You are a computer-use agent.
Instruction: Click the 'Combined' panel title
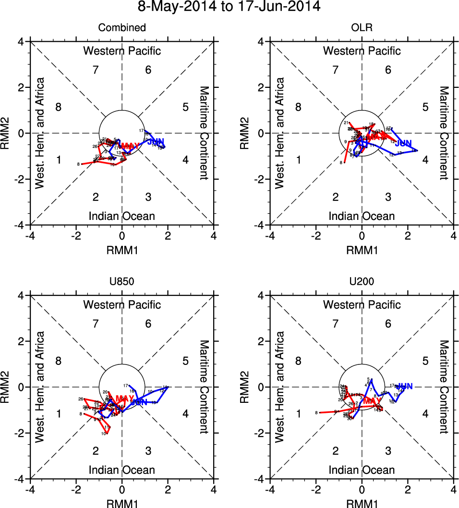122,28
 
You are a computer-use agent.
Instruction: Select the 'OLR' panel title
362,28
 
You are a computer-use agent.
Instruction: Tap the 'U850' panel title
122,282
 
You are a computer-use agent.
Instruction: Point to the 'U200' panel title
362,282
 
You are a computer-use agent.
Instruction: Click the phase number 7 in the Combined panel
96,70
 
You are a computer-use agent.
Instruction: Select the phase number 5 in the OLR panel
425,107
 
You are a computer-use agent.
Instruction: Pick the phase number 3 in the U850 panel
148,451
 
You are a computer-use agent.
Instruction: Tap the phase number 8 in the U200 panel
298,361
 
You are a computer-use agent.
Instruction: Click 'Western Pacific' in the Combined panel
122,51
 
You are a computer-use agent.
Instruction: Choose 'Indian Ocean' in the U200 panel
362,470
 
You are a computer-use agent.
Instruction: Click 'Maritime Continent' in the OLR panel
444,133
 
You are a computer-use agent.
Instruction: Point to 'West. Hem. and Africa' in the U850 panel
40,387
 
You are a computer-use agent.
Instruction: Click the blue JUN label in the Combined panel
156,142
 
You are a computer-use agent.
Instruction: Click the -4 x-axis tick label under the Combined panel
30,236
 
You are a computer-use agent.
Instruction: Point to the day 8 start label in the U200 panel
317,413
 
